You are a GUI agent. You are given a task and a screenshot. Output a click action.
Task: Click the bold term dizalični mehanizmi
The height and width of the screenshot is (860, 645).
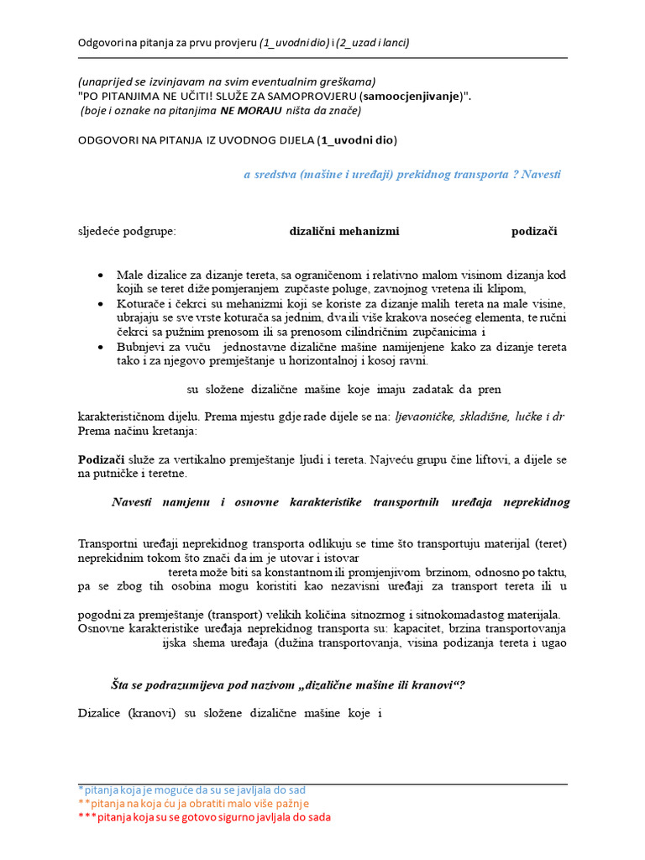[x=343, y=231]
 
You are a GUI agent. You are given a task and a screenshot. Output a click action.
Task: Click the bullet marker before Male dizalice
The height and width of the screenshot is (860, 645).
[x=101, y=275]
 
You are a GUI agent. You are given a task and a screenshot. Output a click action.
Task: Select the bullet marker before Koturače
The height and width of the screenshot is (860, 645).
[x=101, y=304]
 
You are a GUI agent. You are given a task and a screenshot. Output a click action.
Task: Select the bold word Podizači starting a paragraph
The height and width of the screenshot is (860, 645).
[x=101, y=459]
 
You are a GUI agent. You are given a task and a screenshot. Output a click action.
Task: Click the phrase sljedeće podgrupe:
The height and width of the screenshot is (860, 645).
[x=127, y=231]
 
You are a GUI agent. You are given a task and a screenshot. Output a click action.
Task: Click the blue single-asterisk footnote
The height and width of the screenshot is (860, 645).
[x=191, y=790]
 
